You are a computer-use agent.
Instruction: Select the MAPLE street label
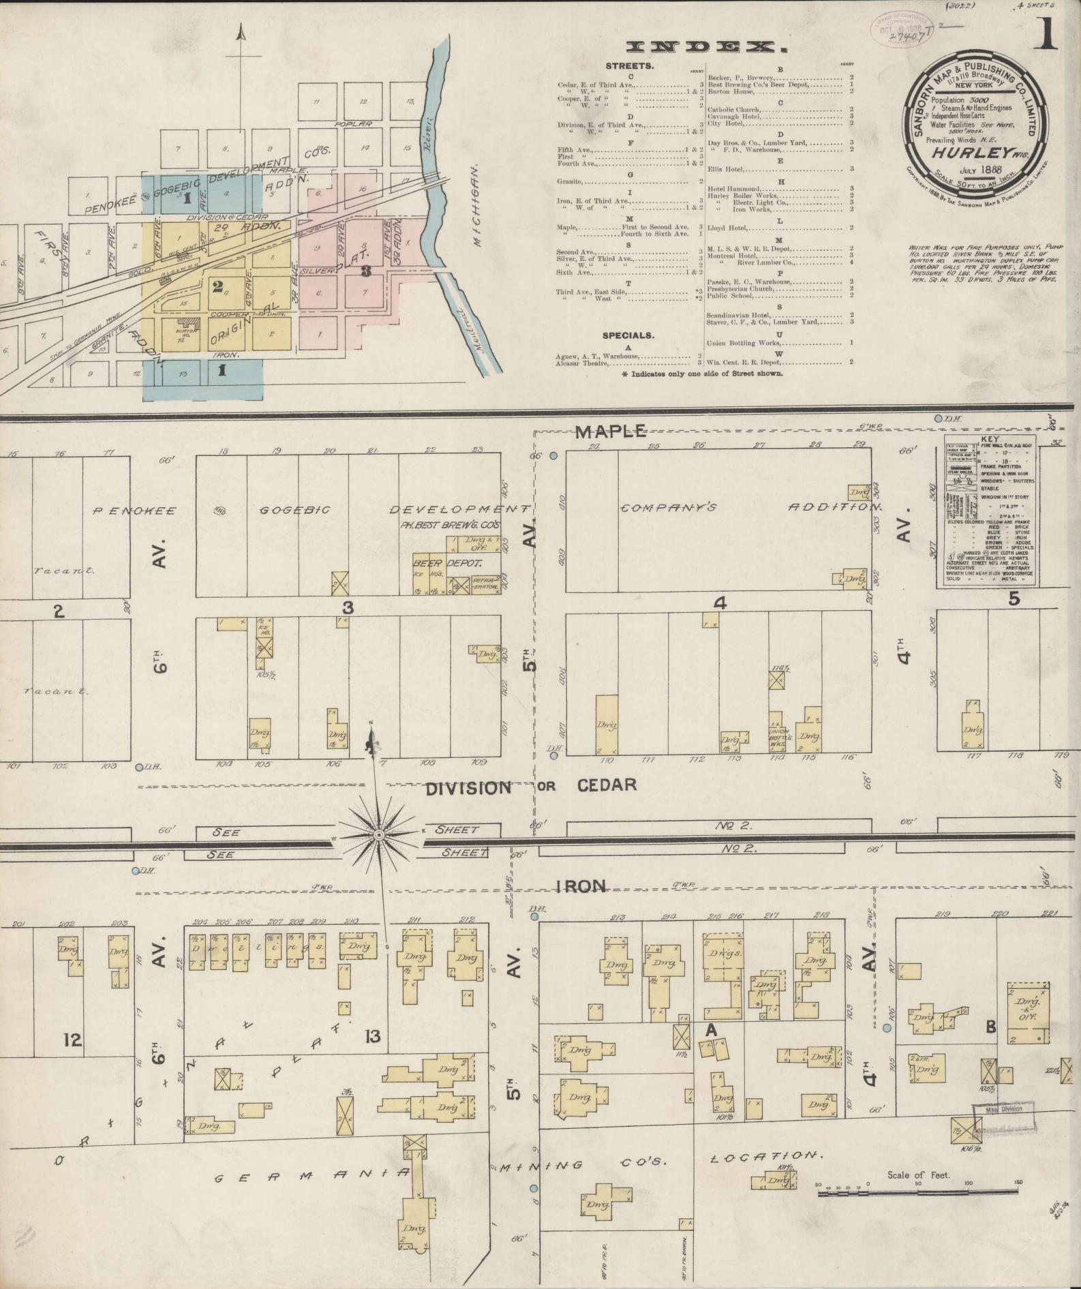[x=611, y=431]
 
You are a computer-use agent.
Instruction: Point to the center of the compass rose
[x=379, y=834]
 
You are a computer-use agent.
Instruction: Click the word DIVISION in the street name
[x=468, y=788]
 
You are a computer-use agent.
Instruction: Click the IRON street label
[x=580, y=886]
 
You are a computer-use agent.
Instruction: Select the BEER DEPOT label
[x=447, y=564]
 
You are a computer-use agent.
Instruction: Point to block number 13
[x=372, y=1037]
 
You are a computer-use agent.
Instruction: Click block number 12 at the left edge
[x=72, y=1040]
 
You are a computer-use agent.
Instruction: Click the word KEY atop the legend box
[x=990, y=440]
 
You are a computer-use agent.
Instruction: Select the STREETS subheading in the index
[x=629, y=66]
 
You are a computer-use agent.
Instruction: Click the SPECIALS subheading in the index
[x=628, y=335]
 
